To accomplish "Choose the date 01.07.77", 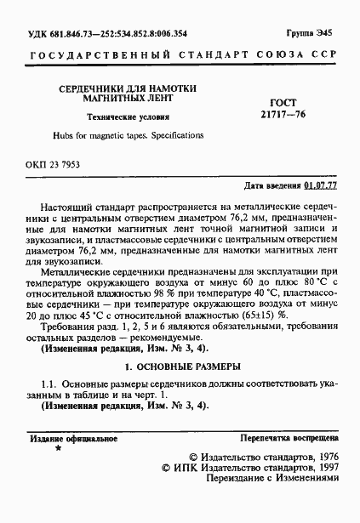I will point(321,185).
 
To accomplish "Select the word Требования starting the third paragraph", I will point(69,327).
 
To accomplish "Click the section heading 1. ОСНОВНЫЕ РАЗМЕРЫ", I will point(182,367).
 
